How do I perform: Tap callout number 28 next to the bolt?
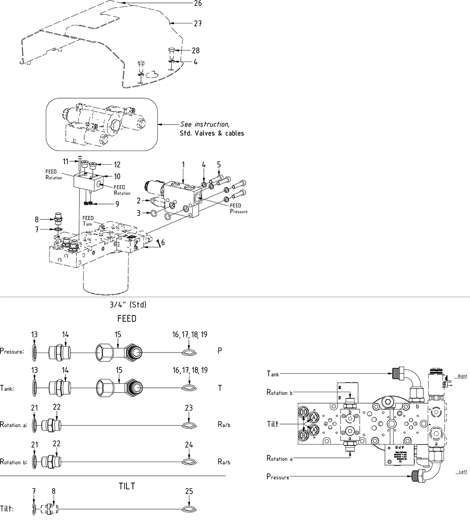click(x=195, y=50)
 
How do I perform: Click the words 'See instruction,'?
click(x=205, y=124)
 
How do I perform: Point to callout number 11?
click(x=66, y=161)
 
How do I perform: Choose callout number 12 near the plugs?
click(x=117, y=164)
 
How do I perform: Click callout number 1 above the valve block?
click(x=183, y=164)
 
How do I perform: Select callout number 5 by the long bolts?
click(x=219, y=164)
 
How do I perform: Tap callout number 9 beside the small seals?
click(x=117, y=204)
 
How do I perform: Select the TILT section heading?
click(x=127, y=486)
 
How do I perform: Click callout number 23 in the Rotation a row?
click(x=189, y=408)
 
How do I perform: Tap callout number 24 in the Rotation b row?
click(x=189, y=445)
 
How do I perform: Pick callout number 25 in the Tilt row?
click(x=189, y=491)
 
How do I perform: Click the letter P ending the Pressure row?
click(x=220, y=351)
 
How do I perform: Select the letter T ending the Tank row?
click(x=220, y=388)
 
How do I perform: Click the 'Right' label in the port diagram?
click(x=462, y=376)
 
